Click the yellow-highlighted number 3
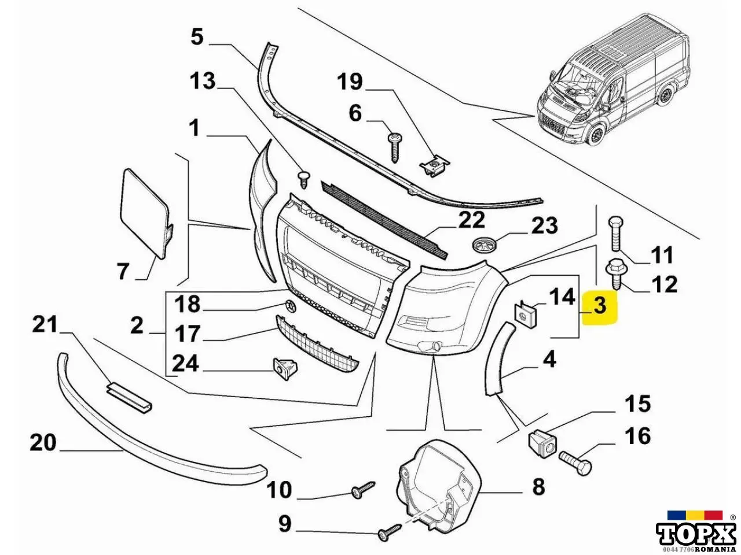point(600,306)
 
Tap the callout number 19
point(350,82)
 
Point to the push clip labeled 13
point(305,180)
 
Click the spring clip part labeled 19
point(435,166)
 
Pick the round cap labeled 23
point(483,244)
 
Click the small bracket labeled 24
point(285,368)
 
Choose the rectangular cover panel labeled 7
point(145,214)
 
